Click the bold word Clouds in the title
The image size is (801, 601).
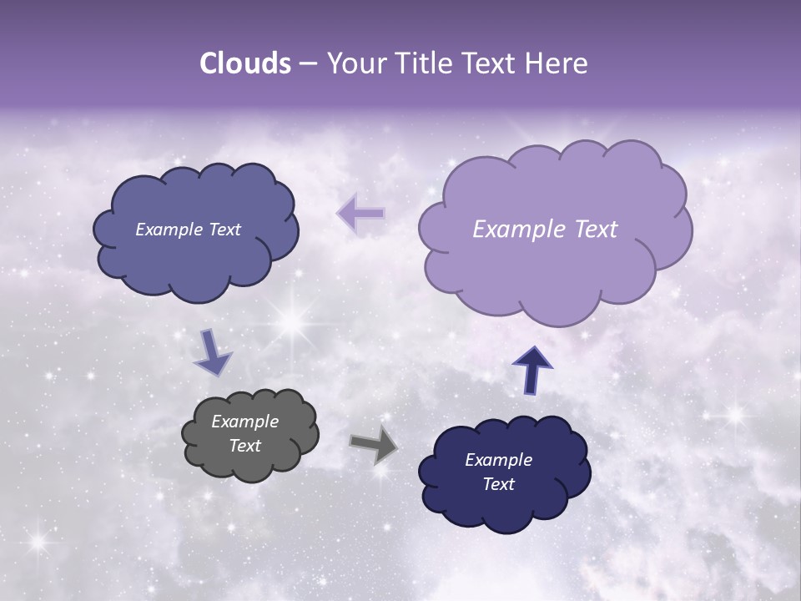pos(245,63)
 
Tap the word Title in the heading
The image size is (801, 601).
pos(421,63)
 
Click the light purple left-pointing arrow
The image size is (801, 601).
pos(361,214)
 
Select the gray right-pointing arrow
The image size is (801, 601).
pos(374,444)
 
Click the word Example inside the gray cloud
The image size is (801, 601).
pos(244,422)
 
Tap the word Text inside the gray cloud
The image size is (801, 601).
pos(244,446)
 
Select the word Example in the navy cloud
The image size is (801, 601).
pos(498,460)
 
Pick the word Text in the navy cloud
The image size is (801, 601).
pos(498,484)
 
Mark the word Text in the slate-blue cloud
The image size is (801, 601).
pos(223,230)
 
